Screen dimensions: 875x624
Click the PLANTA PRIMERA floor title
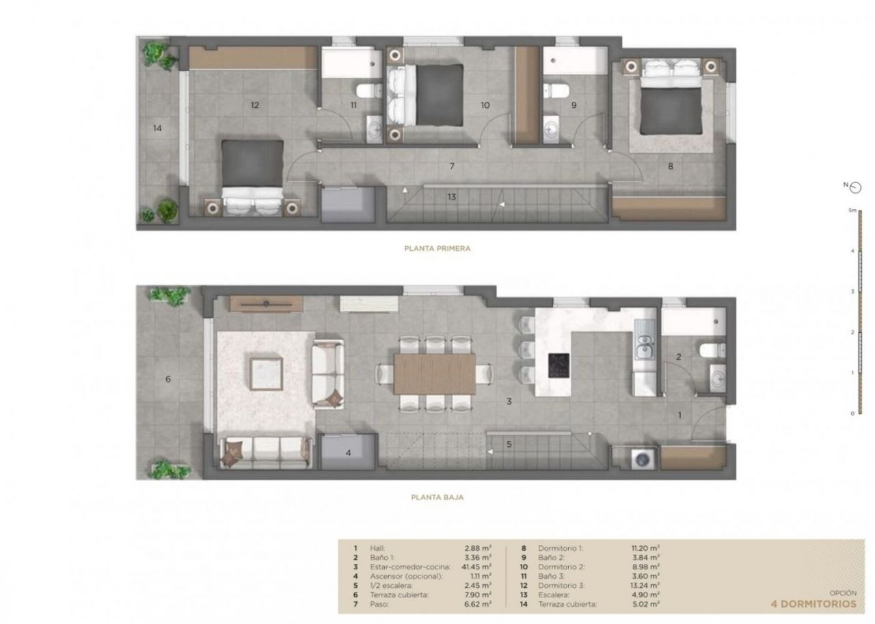click(437, 248)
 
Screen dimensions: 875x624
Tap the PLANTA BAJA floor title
click(437, 497)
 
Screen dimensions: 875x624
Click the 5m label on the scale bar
click(852, 210)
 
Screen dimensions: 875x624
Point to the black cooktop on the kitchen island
click(558, 366)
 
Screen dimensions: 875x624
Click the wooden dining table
click(434, 374)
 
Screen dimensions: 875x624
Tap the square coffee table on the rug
click(267, 374)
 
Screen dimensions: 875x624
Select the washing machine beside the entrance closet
click(643, 459)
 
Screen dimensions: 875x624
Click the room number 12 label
click(255, 105)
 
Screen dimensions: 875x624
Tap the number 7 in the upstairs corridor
click(452, 166)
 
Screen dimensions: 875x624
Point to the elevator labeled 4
click(348, 452)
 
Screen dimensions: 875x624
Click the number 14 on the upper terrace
click(157, 128)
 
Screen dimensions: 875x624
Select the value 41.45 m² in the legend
click(478, 567)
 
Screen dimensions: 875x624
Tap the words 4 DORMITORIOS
click(813, 603)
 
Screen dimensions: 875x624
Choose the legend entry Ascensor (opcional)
click(406, 576)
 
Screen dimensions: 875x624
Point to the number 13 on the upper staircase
click(452, 197)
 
